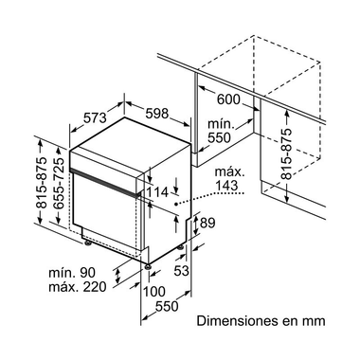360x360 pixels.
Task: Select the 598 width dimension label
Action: pos(158,115)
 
